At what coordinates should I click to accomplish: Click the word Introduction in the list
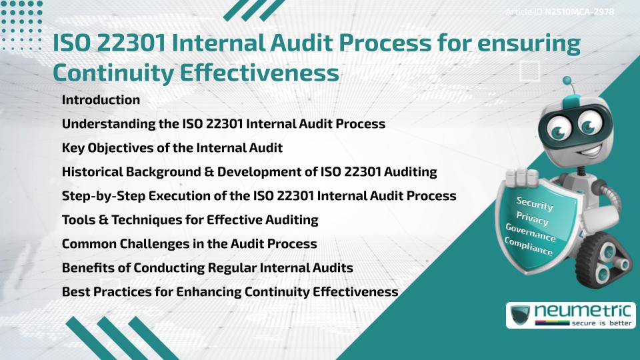click(101, 100)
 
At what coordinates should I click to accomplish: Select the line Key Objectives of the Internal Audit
click(172, 148)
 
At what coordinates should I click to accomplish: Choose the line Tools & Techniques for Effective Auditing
click(190, 220)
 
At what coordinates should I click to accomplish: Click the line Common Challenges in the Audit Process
click(189, 244)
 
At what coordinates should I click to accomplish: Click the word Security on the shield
click(535, 204)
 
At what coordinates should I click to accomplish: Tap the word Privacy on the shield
click(532, 219)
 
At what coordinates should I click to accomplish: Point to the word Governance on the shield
click(531, 233)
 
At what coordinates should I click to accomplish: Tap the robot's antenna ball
click(568, 81)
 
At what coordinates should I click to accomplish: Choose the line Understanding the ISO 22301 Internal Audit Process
click(223, 124)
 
